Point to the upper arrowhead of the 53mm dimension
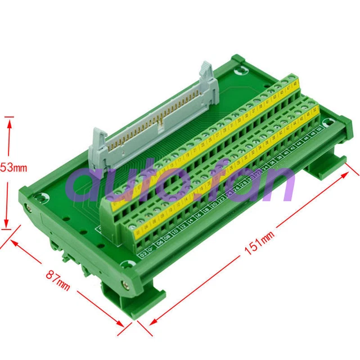[8, 120]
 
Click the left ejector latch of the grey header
[96, 152]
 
